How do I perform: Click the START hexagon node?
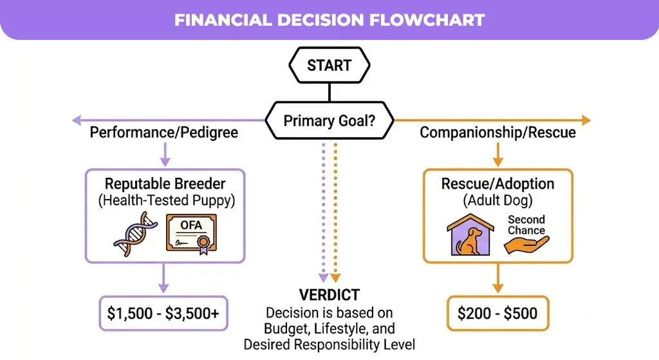click(x=329, y=65)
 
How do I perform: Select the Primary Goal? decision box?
click(x=329, y=120)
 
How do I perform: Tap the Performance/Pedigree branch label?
click(x=164, y=133)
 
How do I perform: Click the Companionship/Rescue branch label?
click(x=497, y=133)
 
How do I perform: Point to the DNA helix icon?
click(x=135, y=234)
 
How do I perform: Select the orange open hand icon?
click(x=526, y=244)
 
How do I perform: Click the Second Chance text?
click(x=526, y=225)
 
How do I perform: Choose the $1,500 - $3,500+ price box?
click(x=163, y=314)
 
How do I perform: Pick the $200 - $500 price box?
click(x=497, y=314)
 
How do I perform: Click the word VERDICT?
click(x=329, y=295)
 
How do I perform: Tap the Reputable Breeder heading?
click(x=165, y=184)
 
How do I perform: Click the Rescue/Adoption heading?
click(x=497, y=184)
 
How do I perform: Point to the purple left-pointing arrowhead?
click(x=77, y=120)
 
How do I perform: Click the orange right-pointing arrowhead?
click(x=586, y=120)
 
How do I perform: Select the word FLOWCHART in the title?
click(x=427, y=20)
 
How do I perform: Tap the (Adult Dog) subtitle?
click(x=497, y=200)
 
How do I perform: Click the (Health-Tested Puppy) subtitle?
click(x=167, y=200)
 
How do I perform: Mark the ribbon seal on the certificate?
click(x=203, y=244)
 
